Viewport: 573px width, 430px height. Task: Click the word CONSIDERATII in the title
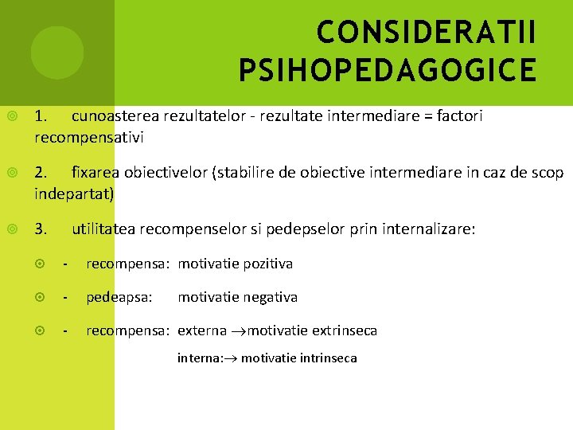[426, 33]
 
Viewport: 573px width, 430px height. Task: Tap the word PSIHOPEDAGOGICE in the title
[388, 70]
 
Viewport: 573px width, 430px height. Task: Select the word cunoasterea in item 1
[115, 116]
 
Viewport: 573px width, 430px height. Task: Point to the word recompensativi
[89, 137]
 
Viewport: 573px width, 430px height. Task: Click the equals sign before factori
[428, 116]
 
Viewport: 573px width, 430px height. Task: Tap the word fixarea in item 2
[95, 172]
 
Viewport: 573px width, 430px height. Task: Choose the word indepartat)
[74, 193]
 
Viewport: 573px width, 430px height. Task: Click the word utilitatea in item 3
[103, 229]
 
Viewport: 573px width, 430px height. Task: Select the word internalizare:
[429, 229]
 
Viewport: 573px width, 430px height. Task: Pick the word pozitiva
[267, 264]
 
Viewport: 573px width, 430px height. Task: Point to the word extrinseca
[345, 330]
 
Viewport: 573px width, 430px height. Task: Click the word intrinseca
[328, 358]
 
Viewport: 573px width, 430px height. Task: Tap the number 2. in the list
[41, 172]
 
